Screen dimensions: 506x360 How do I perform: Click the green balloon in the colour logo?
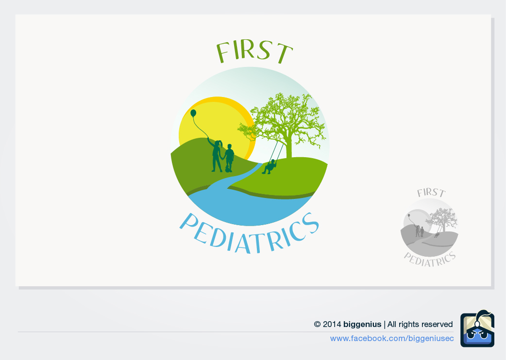pyautogui.click(x=193, y=113)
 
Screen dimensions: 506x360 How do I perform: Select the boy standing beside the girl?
pyautogui.click(x=229, y=157)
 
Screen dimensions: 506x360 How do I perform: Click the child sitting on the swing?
pyautogui.click(x=270, y=166)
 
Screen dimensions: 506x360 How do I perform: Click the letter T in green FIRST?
pyautogui.click(x=284, y=53)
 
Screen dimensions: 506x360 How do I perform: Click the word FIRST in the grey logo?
pyautogui.click(x=431, y=193)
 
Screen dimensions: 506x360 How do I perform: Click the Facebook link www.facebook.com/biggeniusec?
pyautogui.click(x=392, y=338)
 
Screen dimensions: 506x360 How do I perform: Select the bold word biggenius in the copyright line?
pyautogui.click(x=362, y=324)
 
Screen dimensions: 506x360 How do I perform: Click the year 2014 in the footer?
pyautogui.click(x=332, y=324)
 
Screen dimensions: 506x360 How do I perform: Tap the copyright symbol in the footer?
pyautogui.click(x=317, y=324)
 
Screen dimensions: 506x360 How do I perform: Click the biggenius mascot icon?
pyautogui.click(x=477, y=329)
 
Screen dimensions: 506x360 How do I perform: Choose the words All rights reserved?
pyautogui.click(x=420, y=324)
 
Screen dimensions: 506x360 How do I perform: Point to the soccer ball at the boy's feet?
pyautogui.click(x=228, y=170)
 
